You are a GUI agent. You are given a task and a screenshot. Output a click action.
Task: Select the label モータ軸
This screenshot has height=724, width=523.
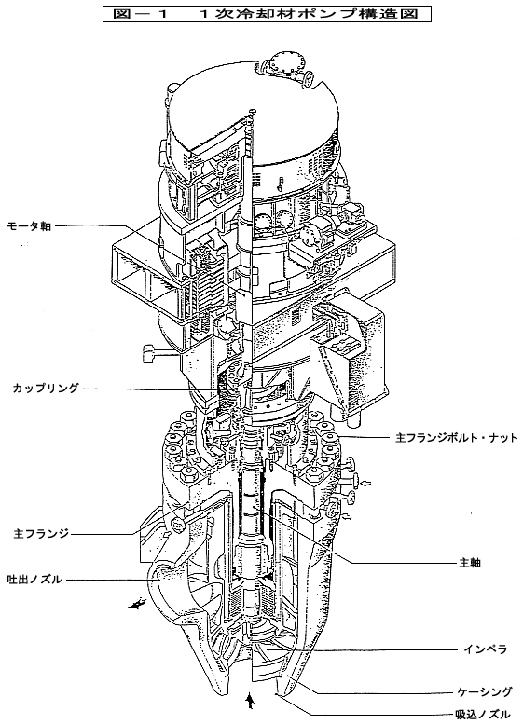click(x=29, y=226)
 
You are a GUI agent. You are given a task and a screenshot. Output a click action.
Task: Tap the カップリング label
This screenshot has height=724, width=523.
click(x=46, y=388)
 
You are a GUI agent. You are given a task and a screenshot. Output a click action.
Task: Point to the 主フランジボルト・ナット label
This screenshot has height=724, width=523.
click(x=457, y=437)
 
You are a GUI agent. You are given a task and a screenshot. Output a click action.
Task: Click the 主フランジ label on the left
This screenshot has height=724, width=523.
click(x=41, y=534)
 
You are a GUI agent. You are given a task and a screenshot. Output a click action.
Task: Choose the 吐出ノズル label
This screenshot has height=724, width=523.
click(x=34, y=579)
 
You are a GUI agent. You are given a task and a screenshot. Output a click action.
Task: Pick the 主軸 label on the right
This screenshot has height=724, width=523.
click(x=470, y=563)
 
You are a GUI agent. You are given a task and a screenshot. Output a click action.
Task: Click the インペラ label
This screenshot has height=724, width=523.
click(x=485, y=649)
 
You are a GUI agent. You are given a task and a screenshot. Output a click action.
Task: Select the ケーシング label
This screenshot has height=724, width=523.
click(x=484, y=691)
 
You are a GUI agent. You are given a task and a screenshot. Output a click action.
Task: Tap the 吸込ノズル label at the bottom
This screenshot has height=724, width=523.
click(x=482, y=714)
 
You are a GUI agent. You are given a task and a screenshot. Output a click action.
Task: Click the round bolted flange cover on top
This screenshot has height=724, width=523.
click(x=283, y=62)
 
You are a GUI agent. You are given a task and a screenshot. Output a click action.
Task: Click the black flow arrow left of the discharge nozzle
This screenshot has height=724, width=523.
click(x=137, y=604)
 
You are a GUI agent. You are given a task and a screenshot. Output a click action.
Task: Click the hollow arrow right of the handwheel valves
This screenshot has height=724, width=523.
click(x=366, y=483)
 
